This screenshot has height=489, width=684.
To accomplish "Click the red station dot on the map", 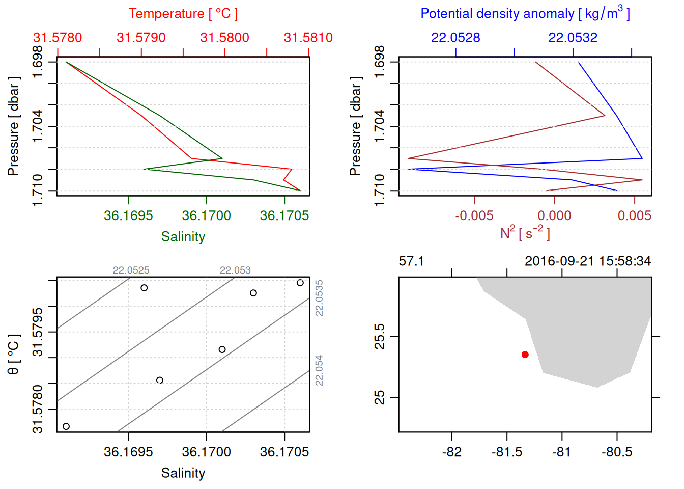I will pyautogui.click(x=525, y=355).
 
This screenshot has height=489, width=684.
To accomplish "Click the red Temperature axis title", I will pyautogui.click(x=183, y=14).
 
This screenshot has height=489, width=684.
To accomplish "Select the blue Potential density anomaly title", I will pyautogui.click(x=525, y=13).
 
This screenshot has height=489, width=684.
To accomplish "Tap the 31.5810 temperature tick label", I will pyautogui.click(x=308, y=38).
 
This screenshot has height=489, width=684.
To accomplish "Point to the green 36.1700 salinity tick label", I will pyautogui.click(x=206, y=215).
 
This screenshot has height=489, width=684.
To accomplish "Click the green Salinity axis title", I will pyautogui.click(x=183, y=237).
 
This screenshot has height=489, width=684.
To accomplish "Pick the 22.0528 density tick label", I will pyautogui.click(x=455, y=38).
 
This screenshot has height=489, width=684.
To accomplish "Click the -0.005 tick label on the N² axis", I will pyautogui.click(x=474, y=215).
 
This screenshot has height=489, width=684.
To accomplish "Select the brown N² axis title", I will pyautogui.click(x=525, y=233).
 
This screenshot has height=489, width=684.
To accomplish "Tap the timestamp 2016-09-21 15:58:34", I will pyautogui.click(x=587, y=261).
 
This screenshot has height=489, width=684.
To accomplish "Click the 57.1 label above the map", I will pyautogui.click(x=411, y=261).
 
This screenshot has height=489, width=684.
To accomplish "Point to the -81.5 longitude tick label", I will pyautogui.click(x=506, y=452).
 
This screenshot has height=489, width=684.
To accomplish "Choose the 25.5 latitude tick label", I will pyautogui.click(x=380, y=336).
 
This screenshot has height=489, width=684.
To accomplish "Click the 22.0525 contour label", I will pyautogui.click(x=131, y=270).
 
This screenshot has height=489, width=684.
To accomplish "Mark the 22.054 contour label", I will pyautogui.click(x=319, y=370).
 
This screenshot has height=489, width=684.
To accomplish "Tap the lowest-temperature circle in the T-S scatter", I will pyautogui.click(x=66, y=426).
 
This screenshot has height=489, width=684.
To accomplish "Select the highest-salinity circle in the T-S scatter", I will pyautogui.click(x=300, y=283).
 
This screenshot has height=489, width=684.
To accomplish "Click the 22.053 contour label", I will pyautogui.click(x=235, y=270).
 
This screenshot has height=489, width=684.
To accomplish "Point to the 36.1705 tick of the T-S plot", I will pyautogui.click(x=284, y=452).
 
